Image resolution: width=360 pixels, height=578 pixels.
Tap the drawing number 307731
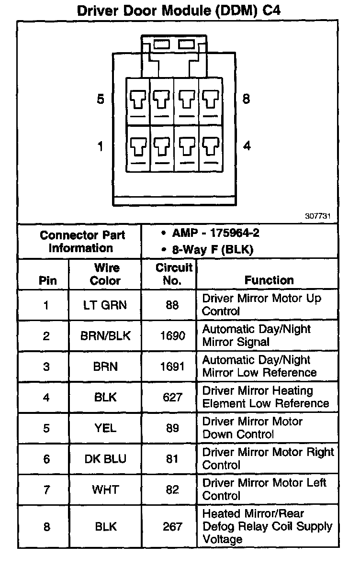318,215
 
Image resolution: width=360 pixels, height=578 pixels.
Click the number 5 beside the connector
100,100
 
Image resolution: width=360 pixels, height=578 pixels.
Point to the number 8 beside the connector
246,100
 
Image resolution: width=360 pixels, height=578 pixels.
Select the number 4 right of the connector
247,145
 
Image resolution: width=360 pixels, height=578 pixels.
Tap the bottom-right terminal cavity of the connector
209,147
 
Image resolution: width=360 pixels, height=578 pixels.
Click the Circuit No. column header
173,274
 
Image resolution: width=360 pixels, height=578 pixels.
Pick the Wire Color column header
105,274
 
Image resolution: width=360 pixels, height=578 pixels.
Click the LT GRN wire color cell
105,305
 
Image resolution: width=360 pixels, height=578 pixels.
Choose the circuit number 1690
173,336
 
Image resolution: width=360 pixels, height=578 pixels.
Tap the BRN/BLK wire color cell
105,336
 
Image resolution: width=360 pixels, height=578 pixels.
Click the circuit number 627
173,397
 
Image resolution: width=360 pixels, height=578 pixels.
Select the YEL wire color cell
105,428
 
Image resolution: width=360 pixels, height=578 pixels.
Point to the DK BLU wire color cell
105,458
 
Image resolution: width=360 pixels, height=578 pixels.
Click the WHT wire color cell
105,489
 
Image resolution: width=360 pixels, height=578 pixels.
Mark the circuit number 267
173,526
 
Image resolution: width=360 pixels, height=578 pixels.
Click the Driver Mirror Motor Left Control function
264,489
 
